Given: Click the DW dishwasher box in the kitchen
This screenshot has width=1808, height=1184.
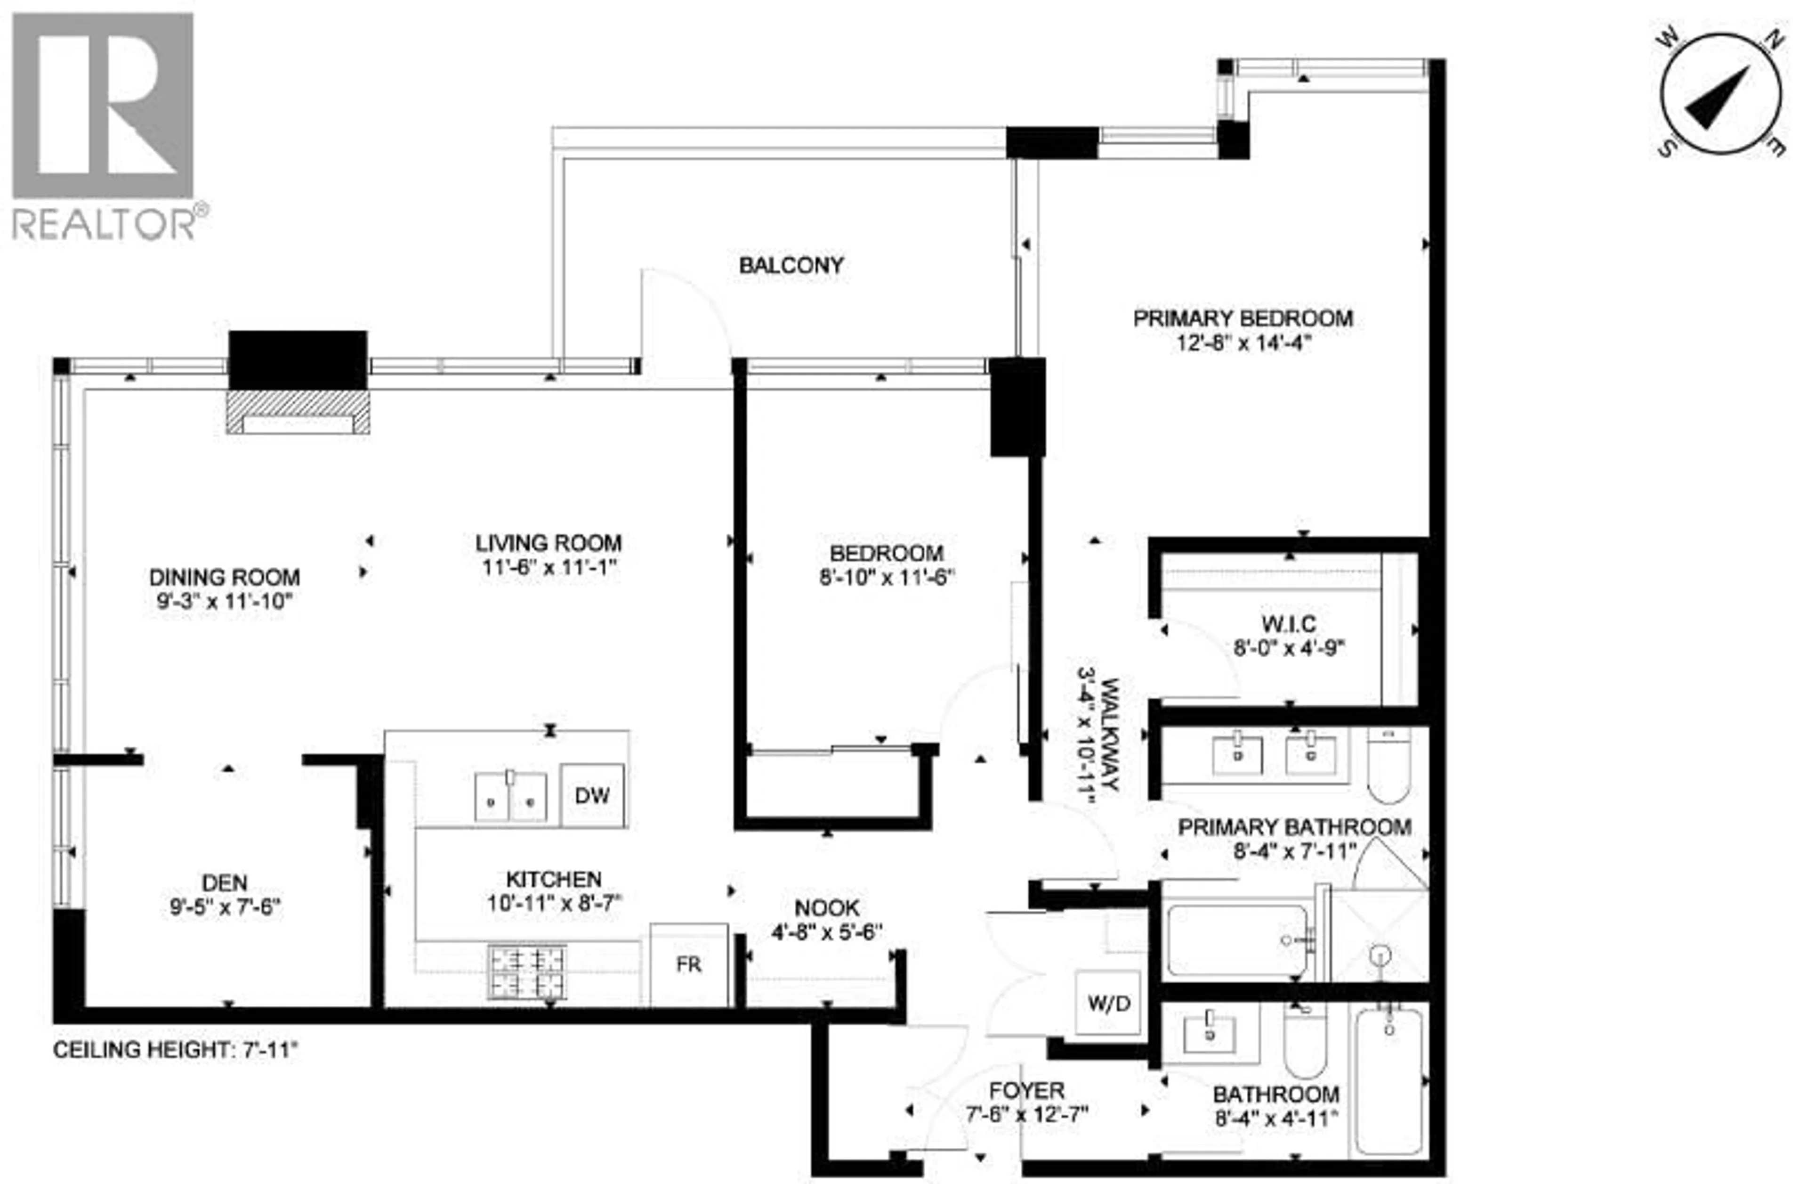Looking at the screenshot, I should coord(592,795).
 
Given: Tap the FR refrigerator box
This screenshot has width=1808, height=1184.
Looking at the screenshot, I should coord(688,964).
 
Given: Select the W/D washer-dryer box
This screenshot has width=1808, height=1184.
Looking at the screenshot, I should coord(1108,1003).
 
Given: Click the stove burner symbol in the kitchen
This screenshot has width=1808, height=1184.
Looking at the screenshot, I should coord(527,971).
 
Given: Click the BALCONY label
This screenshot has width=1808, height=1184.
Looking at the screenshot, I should coord(791,265).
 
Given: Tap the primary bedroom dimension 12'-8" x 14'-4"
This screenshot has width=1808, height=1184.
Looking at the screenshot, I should coord(1243,343).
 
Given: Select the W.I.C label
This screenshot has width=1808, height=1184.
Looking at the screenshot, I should coord(1289,624).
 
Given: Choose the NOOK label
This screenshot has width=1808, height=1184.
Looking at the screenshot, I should coord(826,907).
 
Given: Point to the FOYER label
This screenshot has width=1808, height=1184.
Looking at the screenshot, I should coord(1026,1091).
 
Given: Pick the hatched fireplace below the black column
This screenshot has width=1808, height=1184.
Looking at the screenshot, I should coord(298,413).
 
